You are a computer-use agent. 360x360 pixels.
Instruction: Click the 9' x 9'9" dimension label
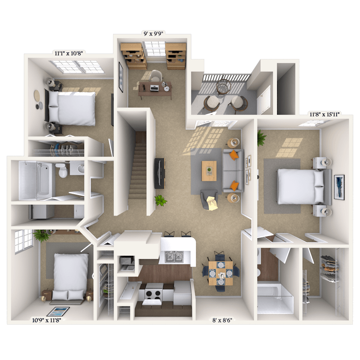[153, 34]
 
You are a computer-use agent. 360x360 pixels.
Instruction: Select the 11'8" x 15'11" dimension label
[324, 114]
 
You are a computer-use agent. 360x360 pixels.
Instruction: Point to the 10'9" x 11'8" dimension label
[46, 320]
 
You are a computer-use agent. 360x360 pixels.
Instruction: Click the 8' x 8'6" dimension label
[222, 320]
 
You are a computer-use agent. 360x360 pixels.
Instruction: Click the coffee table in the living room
[209, 171]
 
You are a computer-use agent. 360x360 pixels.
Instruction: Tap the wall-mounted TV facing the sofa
[159, 173]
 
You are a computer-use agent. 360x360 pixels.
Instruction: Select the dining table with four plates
[221, 273]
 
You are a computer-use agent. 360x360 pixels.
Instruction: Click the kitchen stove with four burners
[154, 294]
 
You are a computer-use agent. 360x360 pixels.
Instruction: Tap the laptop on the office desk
[154, 88]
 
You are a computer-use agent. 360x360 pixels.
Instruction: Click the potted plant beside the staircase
[160, 200]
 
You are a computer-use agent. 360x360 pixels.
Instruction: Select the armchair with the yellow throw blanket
[210, 200]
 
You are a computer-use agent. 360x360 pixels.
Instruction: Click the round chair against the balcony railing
[223, 87]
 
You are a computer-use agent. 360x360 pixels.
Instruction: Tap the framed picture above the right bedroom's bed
[339, 187]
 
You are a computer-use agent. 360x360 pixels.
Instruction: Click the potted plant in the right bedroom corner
[261, 138]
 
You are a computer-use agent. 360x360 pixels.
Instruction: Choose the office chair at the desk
[155, 76]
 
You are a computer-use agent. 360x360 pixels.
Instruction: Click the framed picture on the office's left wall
[121, 77]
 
